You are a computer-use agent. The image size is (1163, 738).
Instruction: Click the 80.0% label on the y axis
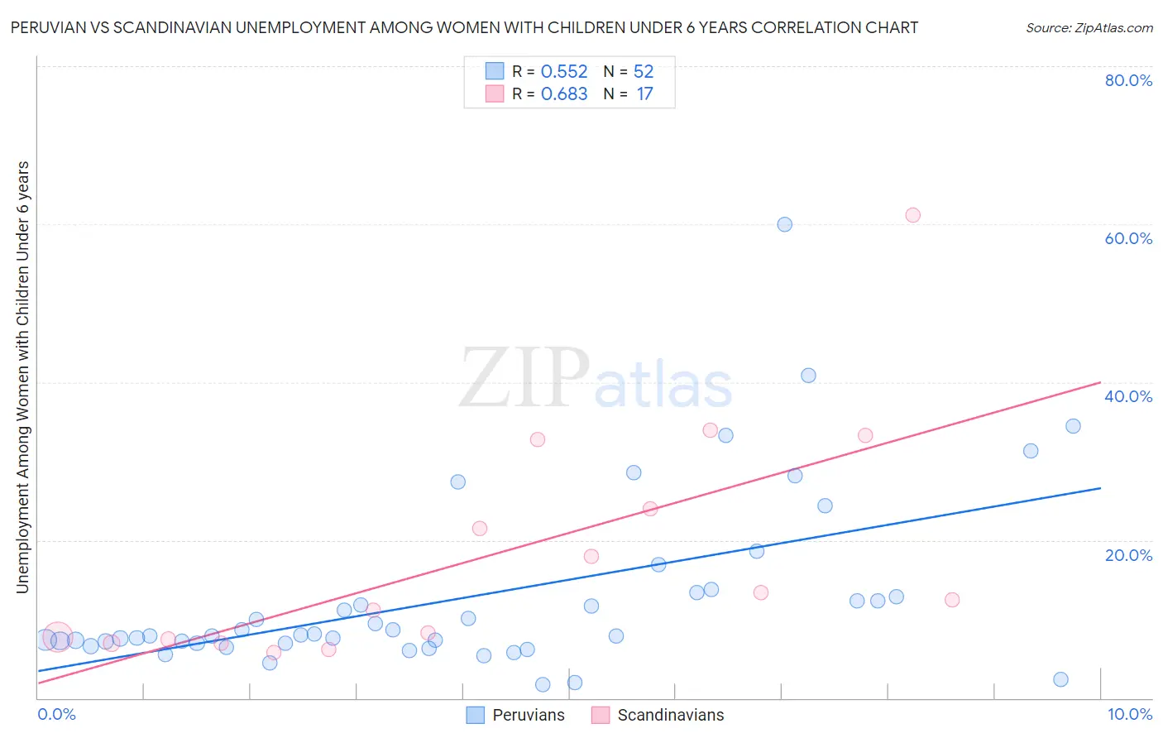coord(1128,80)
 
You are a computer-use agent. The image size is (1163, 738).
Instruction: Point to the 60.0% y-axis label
coord(1128,238)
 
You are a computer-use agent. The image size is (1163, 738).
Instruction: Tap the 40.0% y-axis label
coord(1128,396)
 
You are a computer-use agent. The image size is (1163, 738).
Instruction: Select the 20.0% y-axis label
coord(1128,554)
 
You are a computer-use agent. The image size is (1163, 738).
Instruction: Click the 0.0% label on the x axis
coord(56,714)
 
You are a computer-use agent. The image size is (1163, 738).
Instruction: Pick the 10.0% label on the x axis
coord(1129,714)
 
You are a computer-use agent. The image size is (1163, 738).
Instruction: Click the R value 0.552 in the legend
coord(564,71)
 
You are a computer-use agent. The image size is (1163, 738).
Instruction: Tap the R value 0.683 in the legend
coord(564,93)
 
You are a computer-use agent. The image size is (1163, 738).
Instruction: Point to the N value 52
coord(644,71)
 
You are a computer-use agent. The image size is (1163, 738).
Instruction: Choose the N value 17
coord(644,93)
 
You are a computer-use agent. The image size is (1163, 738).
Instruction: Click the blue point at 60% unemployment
coord(784,224)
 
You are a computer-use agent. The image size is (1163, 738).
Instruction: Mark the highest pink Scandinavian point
coord(912,215)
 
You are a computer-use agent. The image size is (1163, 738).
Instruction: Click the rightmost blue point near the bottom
coord(1060,679)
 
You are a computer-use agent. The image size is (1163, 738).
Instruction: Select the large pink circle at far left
coord(57,637)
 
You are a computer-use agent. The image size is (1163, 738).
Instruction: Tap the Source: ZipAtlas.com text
coord(1089,27)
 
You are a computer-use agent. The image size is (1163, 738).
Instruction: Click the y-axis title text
coord(22,376)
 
